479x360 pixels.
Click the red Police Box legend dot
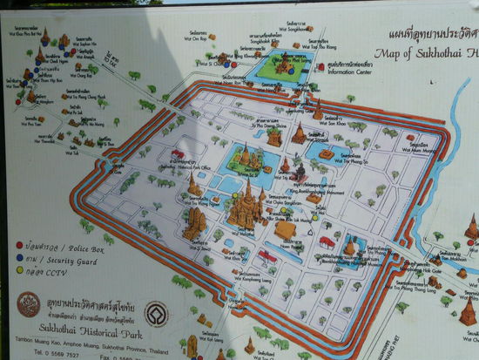(x=19, y=246)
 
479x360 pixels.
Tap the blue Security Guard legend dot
(x=19, y=258)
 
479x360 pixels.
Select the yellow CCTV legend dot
(x=19, y=270)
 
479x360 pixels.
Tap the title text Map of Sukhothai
(x=426, y=54)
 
